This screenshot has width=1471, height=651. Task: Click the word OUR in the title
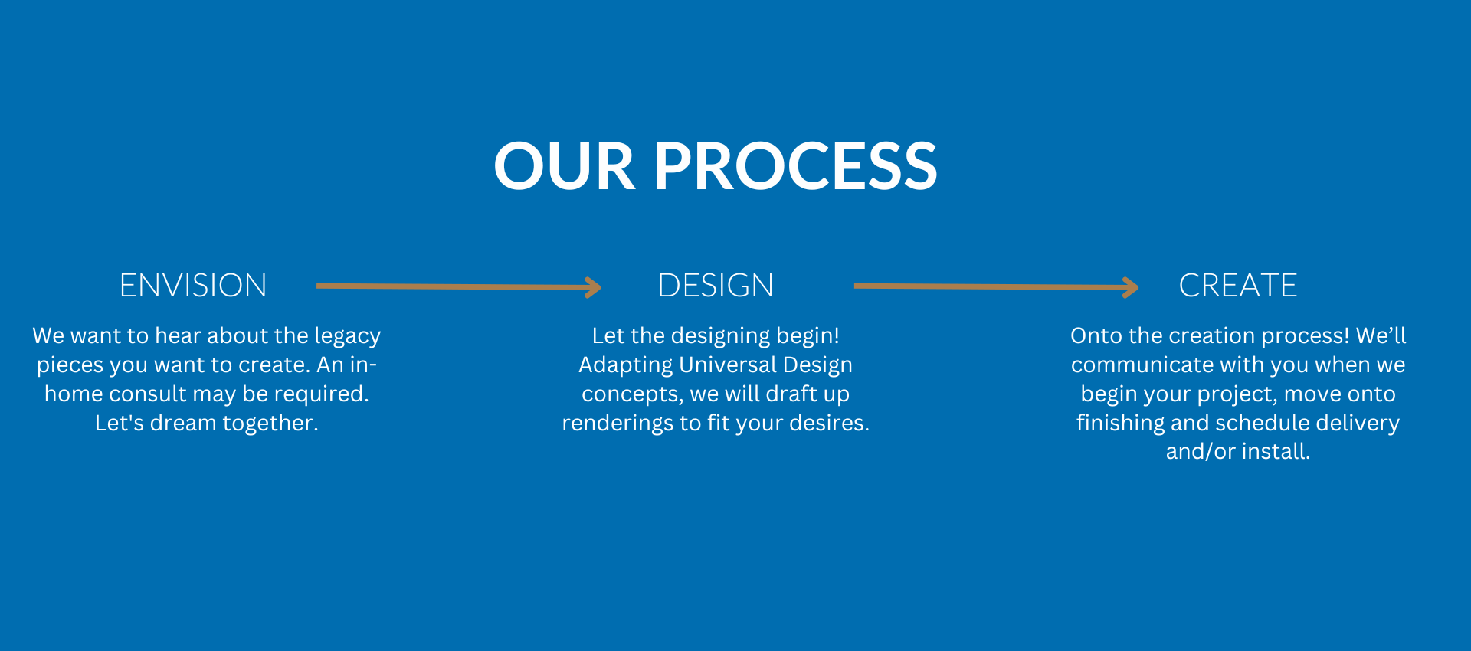click(x=565, y=166)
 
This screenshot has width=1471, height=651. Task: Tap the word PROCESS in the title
click(x=795, y=166)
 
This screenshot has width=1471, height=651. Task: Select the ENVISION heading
click(x=193, y=286)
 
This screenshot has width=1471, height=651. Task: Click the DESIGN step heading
click(x=716, y=286)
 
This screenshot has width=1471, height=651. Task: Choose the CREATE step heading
click(x=1238, y=286)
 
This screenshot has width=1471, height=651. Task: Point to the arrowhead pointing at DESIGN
click(x=593, y=287)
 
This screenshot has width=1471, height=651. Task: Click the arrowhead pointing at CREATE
click(x=1131, y=287)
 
